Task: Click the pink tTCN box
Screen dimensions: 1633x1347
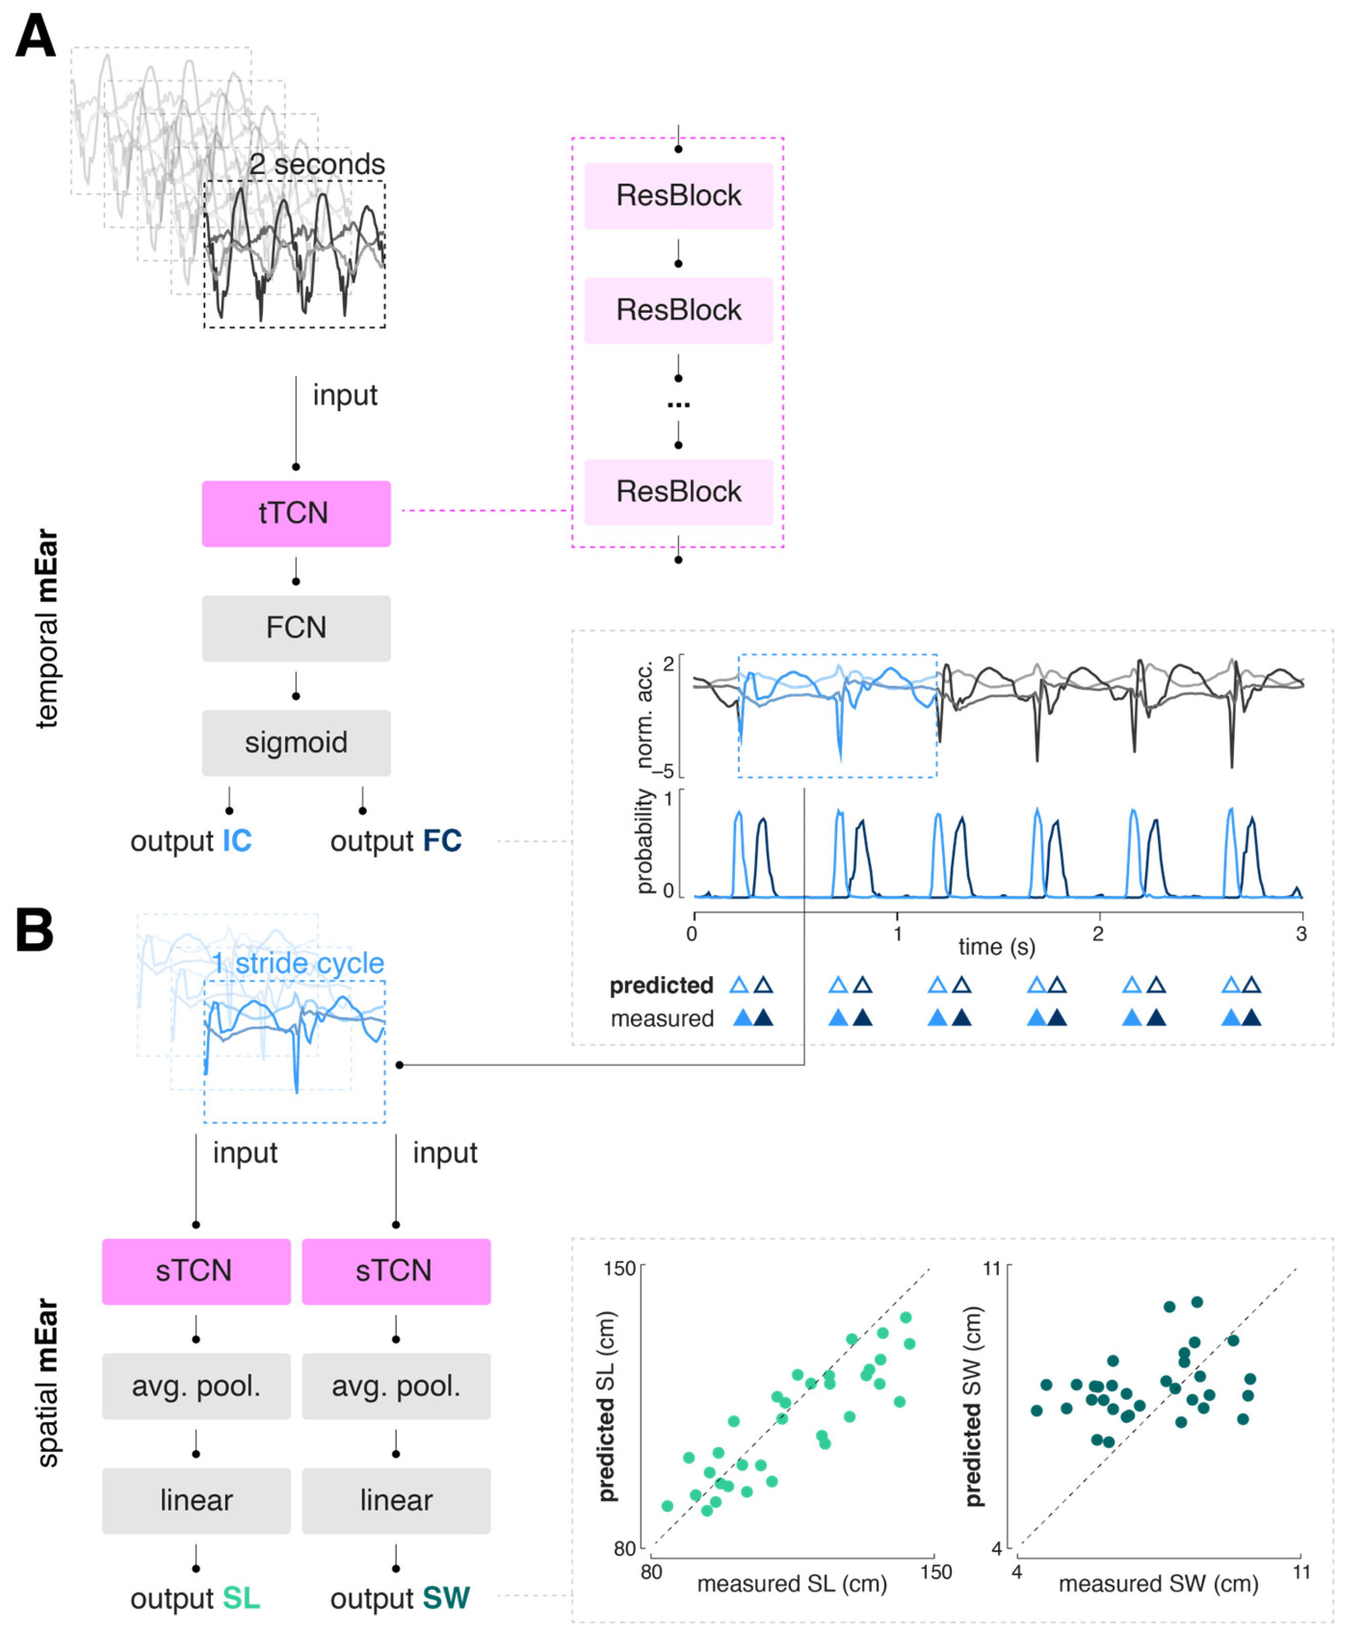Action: [x=295, y=513]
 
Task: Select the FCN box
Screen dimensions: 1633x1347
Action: [x=295, y=628]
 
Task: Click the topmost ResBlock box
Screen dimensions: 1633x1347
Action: [x=678, y=196]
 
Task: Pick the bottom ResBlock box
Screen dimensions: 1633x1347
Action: [x=678, y=491]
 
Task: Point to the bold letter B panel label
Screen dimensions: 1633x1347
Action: [x=35, y=930]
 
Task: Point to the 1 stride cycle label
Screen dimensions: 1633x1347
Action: [x=298, y=963]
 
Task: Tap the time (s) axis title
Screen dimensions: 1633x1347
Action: [x=996, y=947]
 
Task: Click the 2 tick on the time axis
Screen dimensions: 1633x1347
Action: [x=1097, y=934]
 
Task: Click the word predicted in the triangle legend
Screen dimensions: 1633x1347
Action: [x=661, y=986]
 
